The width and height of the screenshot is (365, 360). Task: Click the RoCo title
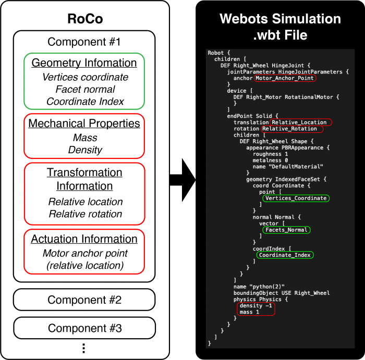click(x=84, y=19)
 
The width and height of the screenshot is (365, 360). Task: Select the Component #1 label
click(x=84, y=42)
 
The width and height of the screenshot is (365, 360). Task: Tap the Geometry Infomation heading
click(x=84, y=63)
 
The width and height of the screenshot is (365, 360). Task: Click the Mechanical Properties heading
click(x=84, y=123)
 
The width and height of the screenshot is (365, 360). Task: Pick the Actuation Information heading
click(x=84, y=239)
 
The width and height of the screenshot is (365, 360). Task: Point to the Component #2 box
click(x=84, y=300)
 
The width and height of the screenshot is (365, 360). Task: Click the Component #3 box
click(x=84, y=328)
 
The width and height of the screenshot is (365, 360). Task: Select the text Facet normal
click(x=84, y=89)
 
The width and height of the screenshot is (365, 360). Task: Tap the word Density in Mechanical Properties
click(x=84, y=150)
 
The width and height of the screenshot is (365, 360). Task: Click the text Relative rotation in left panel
click(x=84, y=214)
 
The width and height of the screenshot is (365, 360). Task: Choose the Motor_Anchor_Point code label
click(x=285, y=78)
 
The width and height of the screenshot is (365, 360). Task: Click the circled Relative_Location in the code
click(x=301, y=122)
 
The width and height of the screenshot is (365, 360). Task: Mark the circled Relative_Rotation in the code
click(x=292, y=129)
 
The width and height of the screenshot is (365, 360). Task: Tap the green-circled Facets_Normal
click(x=286, y=230)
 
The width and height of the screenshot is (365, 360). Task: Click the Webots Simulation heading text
click(x=280, y=19)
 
